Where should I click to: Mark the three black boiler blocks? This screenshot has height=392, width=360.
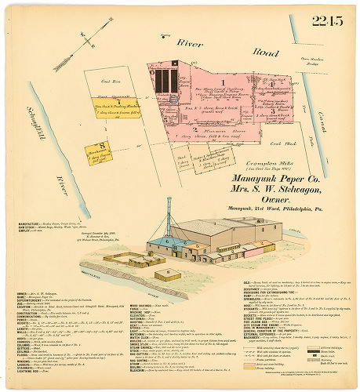pyautogui.click(x=165, y=81)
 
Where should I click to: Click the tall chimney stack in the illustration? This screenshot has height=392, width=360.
pyautogui.click(x=168, y=216)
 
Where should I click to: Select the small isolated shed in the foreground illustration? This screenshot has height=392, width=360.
pyautogui.click(x=165, y=274)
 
